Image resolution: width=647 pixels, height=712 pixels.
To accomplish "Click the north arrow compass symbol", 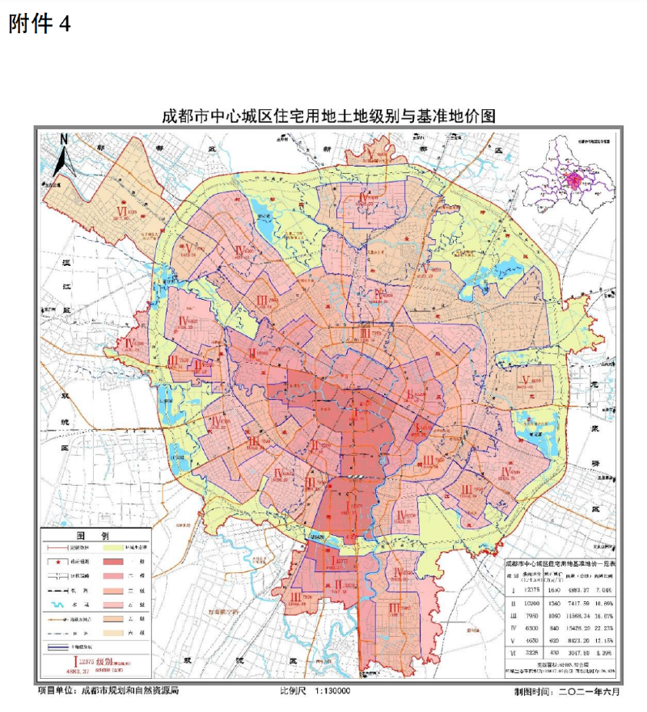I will pyautogui.click(x=64, y=154).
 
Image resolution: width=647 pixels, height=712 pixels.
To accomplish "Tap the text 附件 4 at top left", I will pyautogui.click(x=40, y=24).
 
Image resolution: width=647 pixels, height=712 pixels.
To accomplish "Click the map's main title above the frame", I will pyautogui.click(x=328, y=116).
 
